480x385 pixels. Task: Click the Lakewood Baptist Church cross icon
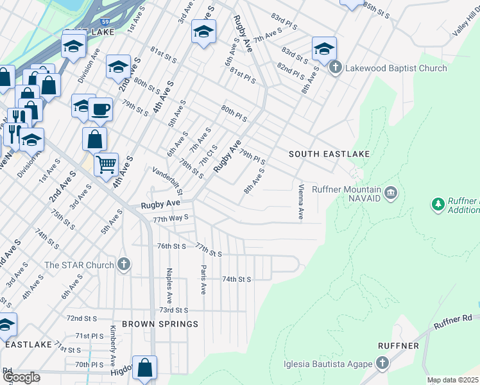[x=335, y=67]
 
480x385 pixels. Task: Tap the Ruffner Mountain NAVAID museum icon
[x=391, y=193]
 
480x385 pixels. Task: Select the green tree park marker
[x=438, y=205]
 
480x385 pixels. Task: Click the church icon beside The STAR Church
[x=124, y=264]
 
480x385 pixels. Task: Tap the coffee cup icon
[x=100, y=109]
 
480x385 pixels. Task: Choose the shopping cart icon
[x=106, y=164]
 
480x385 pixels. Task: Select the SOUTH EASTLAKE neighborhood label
[x=329, y=154]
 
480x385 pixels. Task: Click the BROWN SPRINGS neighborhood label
[x=160, y=324]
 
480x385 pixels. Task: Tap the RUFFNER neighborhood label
[x=402, y=346]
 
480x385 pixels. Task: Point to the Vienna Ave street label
[x=300, y=201]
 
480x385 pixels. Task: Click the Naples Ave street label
[x=169, y=286]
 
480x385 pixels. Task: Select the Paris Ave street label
[x=203, y=279]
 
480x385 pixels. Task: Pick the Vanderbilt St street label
[x=168, y=181]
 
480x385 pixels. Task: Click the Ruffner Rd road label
[x=452, y=321]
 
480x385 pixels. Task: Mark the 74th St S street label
[x=236, y=279]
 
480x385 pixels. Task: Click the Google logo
[x=21, y=377]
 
